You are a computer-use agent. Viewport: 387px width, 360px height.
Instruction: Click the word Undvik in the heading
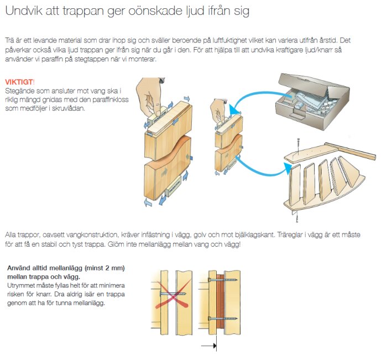point(20,11)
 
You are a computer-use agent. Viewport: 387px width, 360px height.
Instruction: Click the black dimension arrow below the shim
point(208,346)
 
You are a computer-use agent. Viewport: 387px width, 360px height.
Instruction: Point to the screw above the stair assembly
point(298,145)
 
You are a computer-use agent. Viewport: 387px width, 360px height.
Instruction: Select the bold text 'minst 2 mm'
point(100,268)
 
